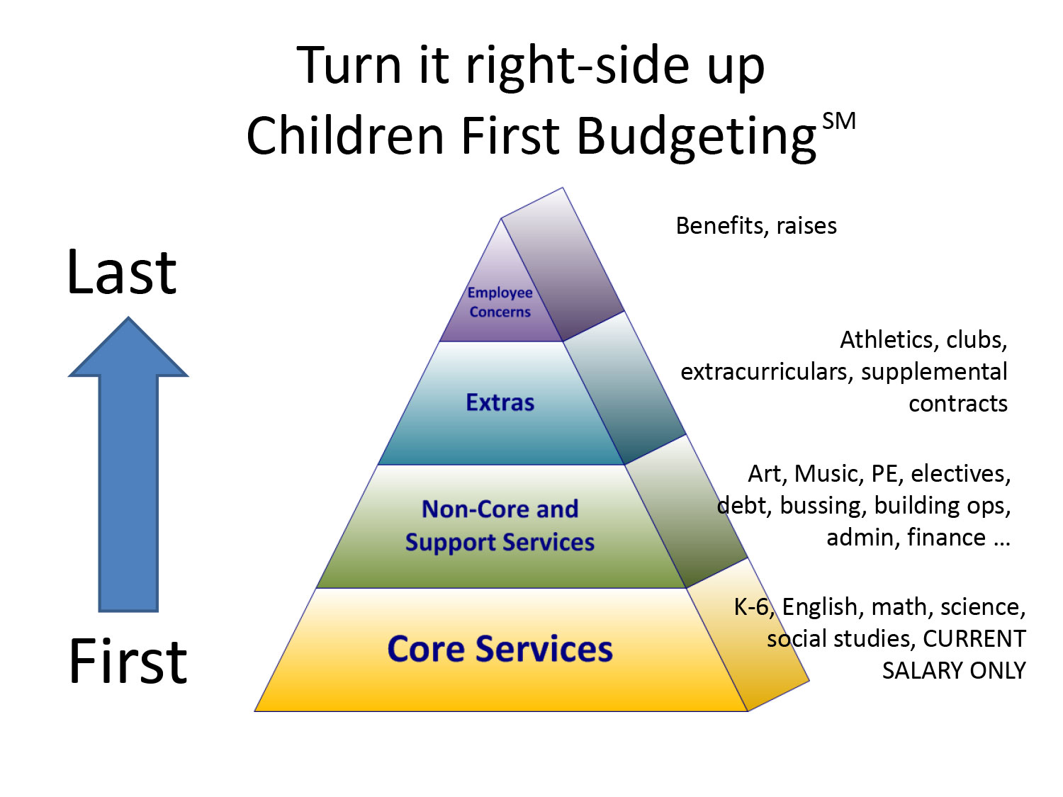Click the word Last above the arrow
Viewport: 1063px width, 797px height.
pos(122,272)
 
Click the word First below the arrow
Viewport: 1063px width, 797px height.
pos(128,661)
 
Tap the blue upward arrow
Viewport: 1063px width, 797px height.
pos(128,465)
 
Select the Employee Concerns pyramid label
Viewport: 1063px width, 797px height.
pos(500,303)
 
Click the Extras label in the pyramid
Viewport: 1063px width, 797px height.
pos(500,402)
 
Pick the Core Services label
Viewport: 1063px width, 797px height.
pos(500,649)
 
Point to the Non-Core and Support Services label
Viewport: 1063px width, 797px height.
pos(500,526)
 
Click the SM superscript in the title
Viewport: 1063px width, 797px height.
pos(839,121)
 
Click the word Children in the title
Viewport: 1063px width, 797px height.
pos(345,135)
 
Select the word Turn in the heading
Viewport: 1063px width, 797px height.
pos(349,65)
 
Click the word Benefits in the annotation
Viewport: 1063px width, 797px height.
pos(721,226)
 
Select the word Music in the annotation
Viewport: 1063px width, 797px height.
pos(828,474)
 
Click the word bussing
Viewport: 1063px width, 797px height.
pos(823,506)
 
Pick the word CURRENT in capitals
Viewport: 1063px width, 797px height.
pos(974,639)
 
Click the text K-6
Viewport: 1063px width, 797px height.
pos(753,607)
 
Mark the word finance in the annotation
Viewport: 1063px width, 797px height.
pos(946,538)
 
